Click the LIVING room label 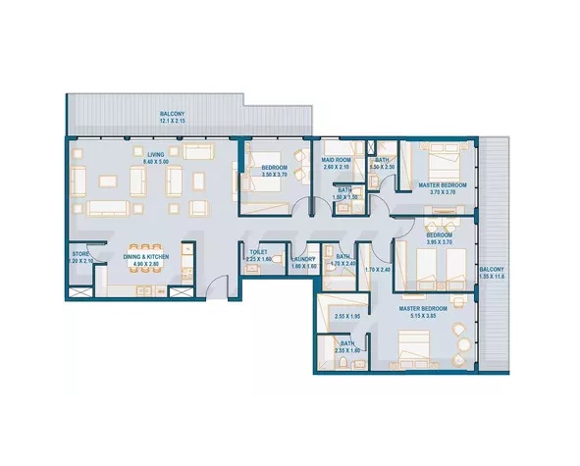tap(156, 153)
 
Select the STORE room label tap(80, 253)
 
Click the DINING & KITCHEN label tap(146, 257)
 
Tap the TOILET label tap(258, 252)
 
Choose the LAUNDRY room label tap(303, 259)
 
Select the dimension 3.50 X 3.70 tap(274, 175)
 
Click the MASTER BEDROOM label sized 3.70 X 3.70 tap(441, 185)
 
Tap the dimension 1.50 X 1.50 tap(344, 197)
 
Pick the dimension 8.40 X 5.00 tap(156, 161)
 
